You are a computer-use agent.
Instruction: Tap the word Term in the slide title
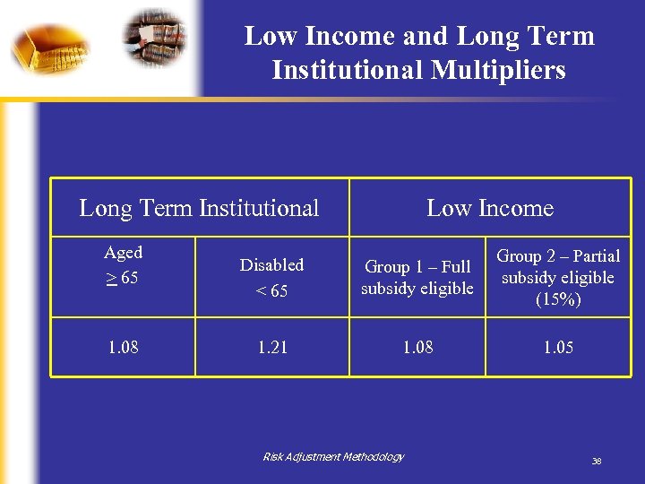click(562, 36)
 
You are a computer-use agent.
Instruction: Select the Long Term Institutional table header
click(199, 208)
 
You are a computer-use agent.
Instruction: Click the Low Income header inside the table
click(490, 208)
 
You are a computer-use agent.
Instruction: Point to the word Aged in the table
click(123, 253)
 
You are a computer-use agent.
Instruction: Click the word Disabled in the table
click(271, 264)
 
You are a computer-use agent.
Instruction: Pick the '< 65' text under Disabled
click(271, 290)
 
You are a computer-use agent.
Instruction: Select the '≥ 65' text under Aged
click(122, 278)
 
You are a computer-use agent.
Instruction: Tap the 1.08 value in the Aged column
click(123, 347)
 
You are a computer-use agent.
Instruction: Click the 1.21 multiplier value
click(271, 347)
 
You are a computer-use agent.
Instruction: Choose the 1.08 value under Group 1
click(417, 347)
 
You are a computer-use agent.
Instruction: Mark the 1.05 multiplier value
click(559, 347)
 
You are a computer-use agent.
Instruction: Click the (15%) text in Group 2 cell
click(559, 299)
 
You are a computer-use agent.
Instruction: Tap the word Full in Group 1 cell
click(455, 266)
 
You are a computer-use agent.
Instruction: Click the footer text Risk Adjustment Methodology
click(333, 457)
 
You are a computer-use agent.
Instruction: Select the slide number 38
click(596, 462)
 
